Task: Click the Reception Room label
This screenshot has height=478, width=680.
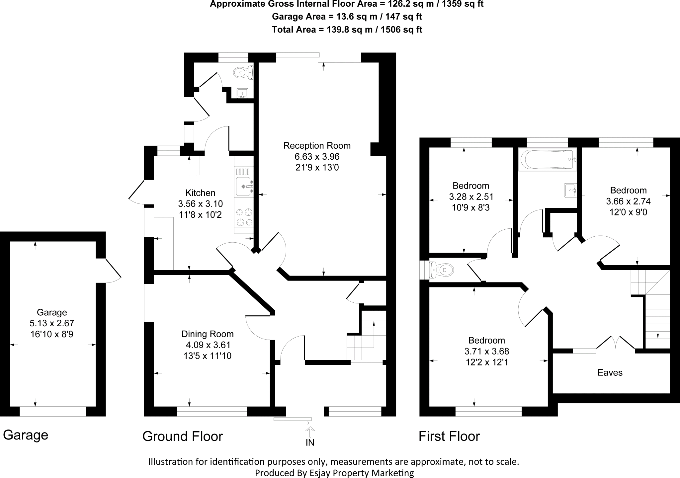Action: pyautogui.click(x=317, y=146)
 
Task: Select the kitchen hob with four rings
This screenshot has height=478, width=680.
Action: pyautogui.click(x=244, y=216)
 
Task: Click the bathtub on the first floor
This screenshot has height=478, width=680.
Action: pyautogui.click(x=547, y=160)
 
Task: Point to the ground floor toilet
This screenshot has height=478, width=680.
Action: pyautogui.click(x=243, y=72)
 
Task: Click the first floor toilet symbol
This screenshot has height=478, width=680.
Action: pyautogui.click(x=442, y=270)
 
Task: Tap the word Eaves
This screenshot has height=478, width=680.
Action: pyautogui.click(x=610, y=372)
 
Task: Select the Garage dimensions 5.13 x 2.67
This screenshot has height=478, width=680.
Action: pyautogui.click(x=52, y=323)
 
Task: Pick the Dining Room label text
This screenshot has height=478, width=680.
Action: pyautogui.click(x=208, y=334)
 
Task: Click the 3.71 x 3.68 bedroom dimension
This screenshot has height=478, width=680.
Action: pyautogui.click(x=486, y=351)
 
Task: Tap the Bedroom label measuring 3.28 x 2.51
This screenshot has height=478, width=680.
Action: pyautogui.click(x=471, y=186)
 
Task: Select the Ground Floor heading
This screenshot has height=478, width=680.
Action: pyautogui.click(x=183, y=436)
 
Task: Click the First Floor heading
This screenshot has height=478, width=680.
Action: pyautogui.click(x=449, y=436)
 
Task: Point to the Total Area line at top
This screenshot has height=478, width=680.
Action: pyautogui.click(x=347, y=30)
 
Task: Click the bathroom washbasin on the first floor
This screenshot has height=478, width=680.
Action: pyautogui.click(x=570, y=191)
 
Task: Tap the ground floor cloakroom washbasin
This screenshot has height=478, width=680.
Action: pyautogui.click(x=243, y=93)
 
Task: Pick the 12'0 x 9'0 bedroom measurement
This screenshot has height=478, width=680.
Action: pyautogui.click(x=628, y=212)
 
